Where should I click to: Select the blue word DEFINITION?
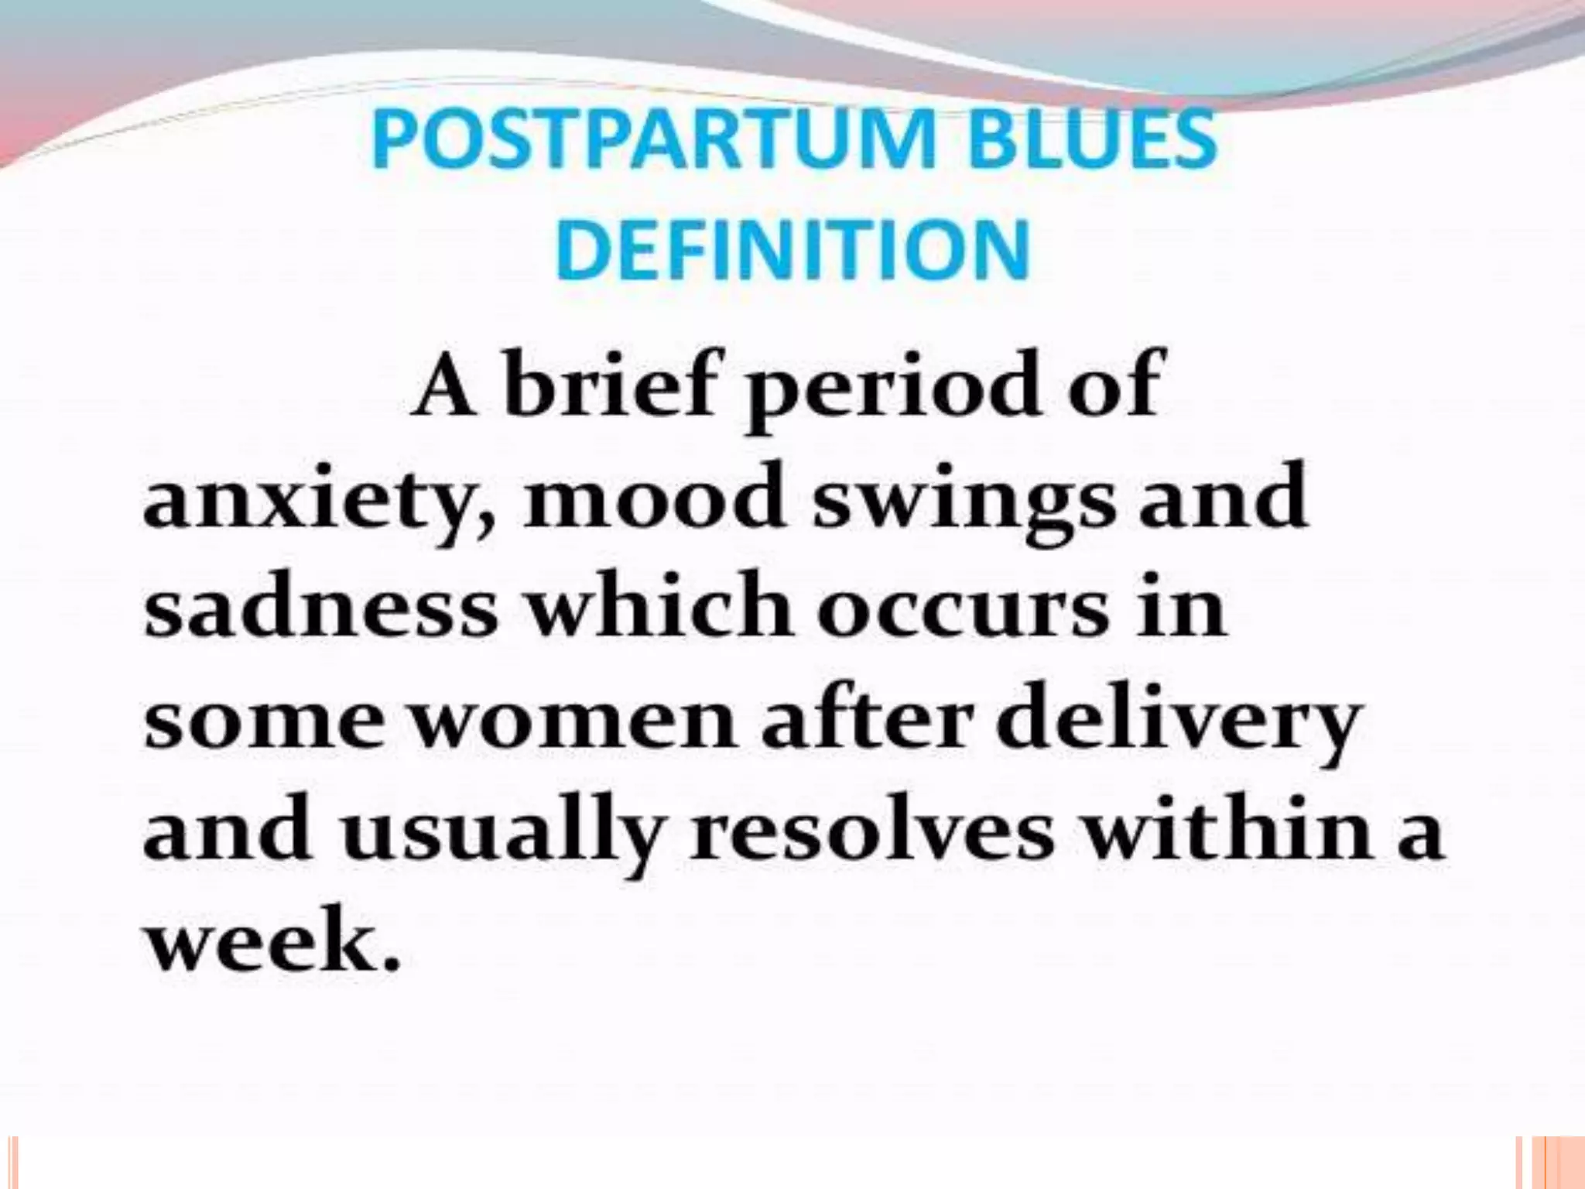[792, 250]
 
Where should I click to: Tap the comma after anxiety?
[485, 526]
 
